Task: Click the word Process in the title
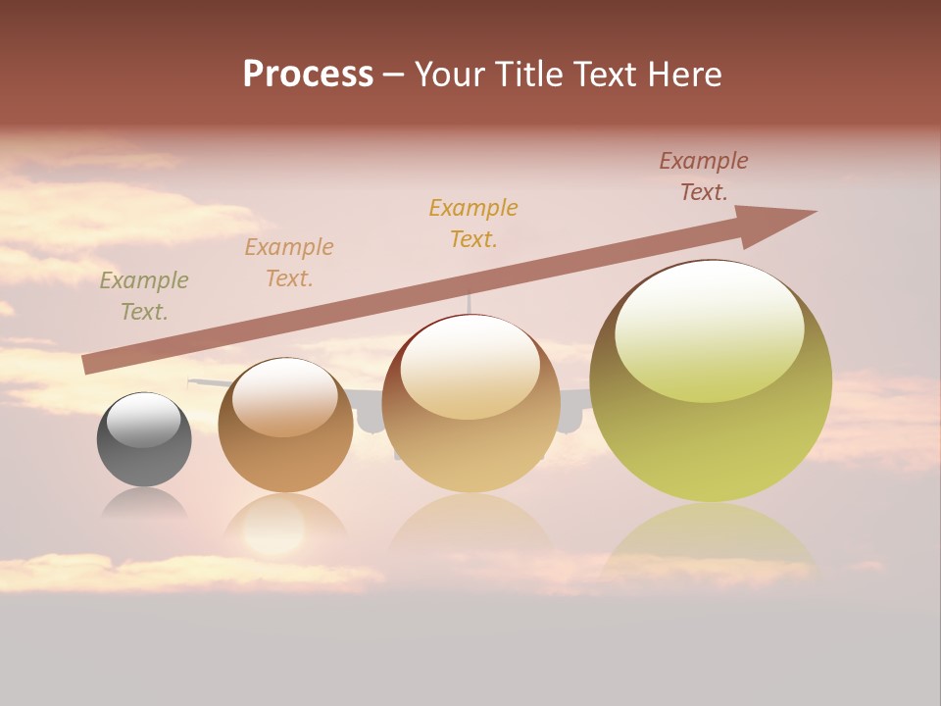[308, 75]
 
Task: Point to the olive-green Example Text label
[144, 296]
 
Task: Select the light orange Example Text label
[289, 263]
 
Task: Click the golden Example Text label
[473, 223]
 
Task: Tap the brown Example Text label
[704, 176]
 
